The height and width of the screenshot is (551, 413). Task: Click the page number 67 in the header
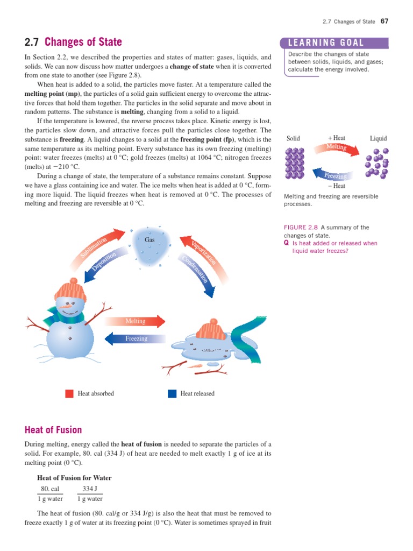pos(384,22)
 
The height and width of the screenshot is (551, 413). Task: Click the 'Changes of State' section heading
pos(83,42)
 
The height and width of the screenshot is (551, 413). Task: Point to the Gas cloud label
pos(150,239)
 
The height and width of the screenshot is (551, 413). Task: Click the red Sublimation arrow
pos(95,245)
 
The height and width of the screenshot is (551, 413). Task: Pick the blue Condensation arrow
pos(197,272)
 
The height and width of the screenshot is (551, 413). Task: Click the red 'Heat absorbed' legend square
pos(69,393)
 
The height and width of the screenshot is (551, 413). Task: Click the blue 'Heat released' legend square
pos(172,393)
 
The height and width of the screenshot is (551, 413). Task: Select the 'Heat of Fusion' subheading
pos(53,430)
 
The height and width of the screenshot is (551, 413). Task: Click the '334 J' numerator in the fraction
pos(89,489)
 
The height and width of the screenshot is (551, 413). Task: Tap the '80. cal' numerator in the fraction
pos(49,489)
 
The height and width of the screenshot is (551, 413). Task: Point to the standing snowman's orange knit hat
pos(70,291)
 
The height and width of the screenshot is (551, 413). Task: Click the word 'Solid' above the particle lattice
pos(293,138)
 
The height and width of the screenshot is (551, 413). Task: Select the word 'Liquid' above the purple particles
pos(378,138)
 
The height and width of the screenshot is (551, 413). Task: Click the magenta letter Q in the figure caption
pos(286,243)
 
